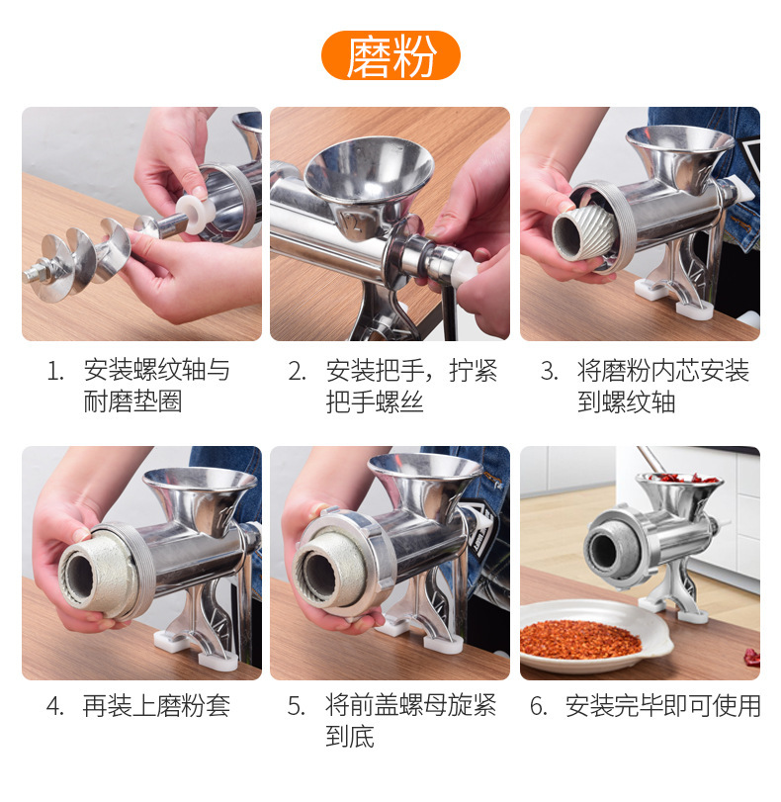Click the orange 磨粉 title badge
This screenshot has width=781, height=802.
pyautogui.click(x=390, y=55)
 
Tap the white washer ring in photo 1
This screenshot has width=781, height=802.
pyautogui.click(x=196, y=215)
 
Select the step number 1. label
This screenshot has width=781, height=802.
pyautogui.click(x=55, y=370)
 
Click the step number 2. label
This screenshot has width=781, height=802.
pyautogui.click(x=298, y=370)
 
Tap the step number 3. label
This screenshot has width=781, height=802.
pyautogui.click(x=550, y=370)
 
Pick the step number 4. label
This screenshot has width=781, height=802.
pyautogui.click(x=54, y=706)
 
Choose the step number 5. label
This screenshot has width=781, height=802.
pyautogui.click(x=297, y=706)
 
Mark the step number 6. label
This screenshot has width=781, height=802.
pyautogui.click(x=539, y=706)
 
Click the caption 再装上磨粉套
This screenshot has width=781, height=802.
pyautogui.click(x=156, y=706)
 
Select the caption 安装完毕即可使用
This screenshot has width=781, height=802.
pyautogui.click(x=663, y=706)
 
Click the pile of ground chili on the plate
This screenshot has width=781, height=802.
pyautogui.click(x=580, y=640)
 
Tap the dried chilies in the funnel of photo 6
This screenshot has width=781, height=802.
pyautogui.click(x=680, y=479)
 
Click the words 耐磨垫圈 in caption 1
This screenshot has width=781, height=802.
pyautogui.click(x=132, y=401)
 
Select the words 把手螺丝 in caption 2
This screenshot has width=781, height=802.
pyautogui.click(x=375, y=401)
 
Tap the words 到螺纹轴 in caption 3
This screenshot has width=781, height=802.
pyautogui.click(x=627, y=401)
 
